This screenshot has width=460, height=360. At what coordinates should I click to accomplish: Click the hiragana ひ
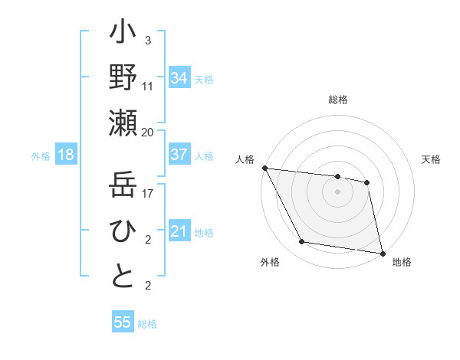(123, 231)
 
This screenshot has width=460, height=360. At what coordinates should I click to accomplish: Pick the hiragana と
(123, 277)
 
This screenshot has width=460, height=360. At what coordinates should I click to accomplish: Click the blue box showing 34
(179, 78)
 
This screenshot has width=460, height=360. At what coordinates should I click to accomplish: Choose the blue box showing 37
(179, 155)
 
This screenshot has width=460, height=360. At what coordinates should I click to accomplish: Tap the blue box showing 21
(179, 231)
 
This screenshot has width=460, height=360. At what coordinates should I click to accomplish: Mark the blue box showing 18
(66, 155)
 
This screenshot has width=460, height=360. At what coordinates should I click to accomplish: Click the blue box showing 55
(123, 322)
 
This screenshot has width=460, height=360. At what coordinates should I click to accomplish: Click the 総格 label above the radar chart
(338, 100)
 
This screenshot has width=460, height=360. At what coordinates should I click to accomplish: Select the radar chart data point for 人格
(264, 168)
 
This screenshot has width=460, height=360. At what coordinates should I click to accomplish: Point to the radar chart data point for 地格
(382, 253)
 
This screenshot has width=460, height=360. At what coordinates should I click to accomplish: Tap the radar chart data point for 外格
(302, 242)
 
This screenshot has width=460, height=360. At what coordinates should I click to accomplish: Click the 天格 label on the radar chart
(432, 159)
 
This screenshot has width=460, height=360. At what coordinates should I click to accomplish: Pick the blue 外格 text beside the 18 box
(41, 156)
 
